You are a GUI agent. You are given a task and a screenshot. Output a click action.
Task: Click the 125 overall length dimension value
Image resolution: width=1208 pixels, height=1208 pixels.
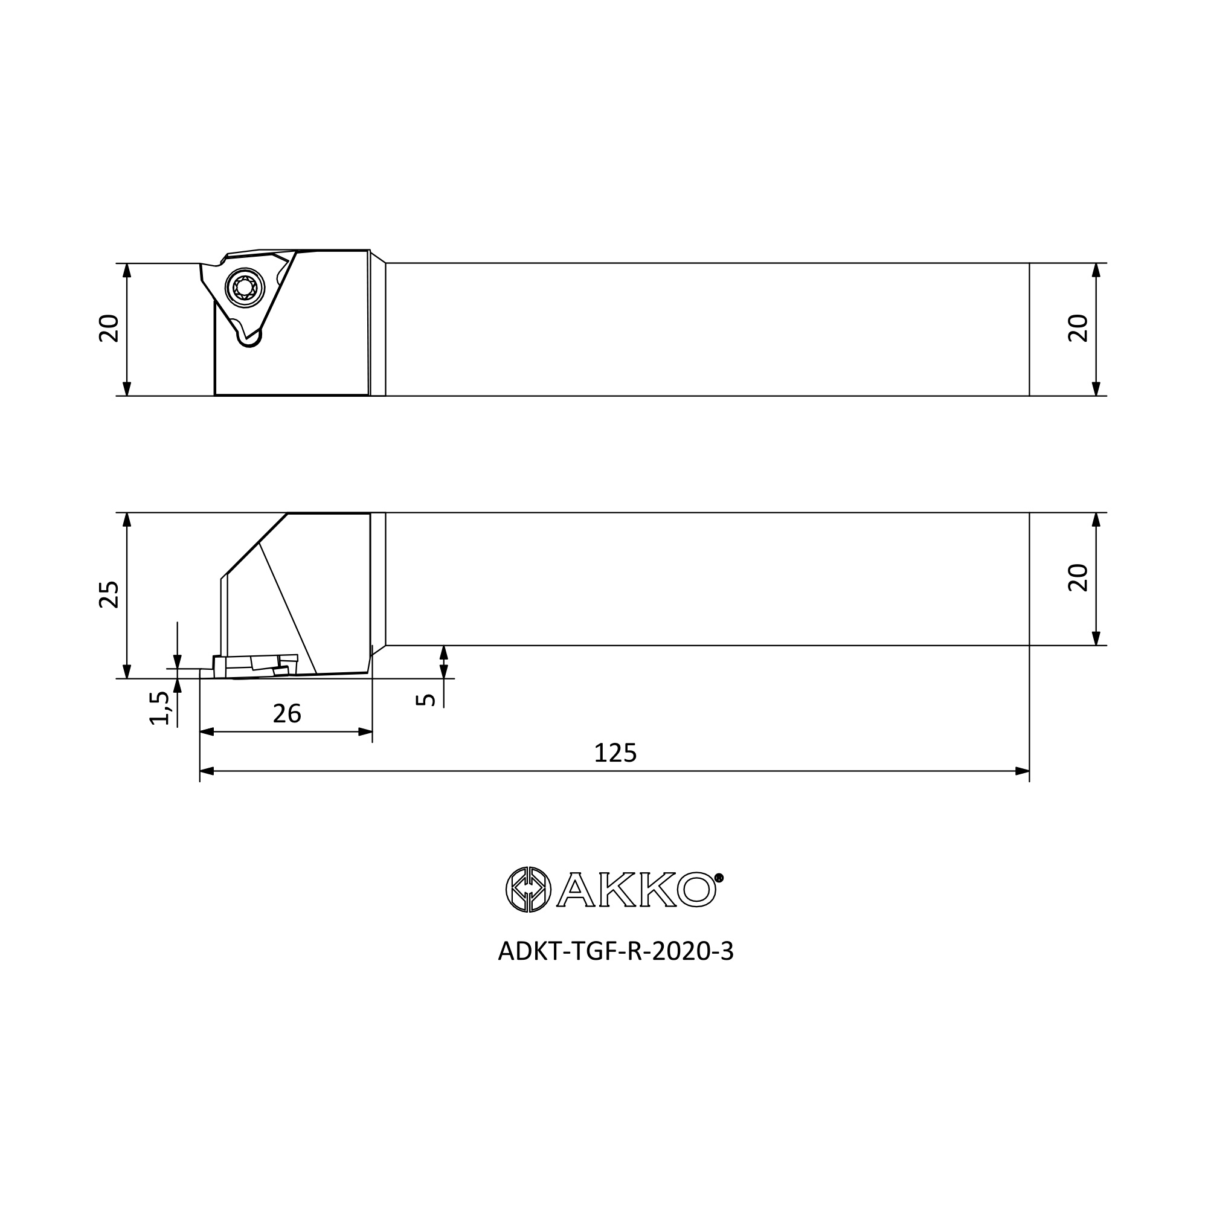615,753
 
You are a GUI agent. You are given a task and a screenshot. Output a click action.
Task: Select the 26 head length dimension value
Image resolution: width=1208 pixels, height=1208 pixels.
287,713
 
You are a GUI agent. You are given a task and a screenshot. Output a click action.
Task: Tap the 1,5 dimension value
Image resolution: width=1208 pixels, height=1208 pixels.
160,708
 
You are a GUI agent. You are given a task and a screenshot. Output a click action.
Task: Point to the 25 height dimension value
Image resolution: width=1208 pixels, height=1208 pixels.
109,594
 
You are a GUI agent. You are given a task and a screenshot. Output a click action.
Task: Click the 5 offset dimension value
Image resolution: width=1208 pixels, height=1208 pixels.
426,699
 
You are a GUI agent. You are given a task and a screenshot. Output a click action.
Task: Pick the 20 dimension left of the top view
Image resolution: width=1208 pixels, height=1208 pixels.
109,328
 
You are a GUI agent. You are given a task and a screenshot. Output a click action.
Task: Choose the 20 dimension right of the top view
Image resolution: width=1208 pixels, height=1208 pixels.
1078,328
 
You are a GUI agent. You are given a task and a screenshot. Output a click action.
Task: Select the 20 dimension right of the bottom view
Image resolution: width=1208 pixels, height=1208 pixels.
1078,578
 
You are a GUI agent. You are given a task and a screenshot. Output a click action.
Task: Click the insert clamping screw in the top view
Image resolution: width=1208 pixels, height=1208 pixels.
245,288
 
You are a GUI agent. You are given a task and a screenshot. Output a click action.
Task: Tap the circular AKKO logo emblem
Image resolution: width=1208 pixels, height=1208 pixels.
528,890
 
